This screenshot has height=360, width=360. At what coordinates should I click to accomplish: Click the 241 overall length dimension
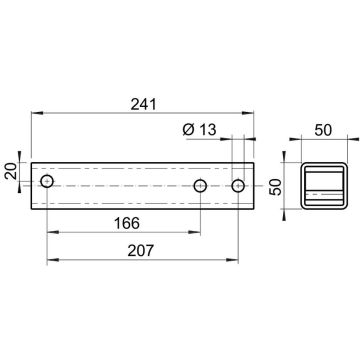(x=143, y=104)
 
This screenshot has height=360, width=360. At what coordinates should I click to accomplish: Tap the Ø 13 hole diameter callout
(x=199, y=129)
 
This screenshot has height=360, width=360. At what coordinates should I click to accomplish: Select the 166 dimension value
(x=127, y=223)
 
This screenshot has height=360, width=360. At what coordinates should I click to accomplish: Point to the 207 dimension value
(x=141, y=250)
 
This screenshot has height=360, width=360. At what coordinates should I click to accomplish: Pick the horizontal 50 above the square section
(x=323, y=130)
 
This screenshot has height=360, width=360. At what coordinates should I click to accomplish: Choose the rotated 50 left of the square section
(x=275, y=187)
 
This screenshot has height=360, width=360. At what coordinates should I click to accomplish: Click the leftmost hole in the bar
(x=47, y=181)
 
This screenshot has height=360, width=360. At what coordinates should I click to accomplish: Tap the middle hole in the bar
(x=200, y=186)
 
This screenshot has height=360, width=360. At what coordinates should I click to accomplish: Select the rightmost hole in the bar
(x=238, y=186)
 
